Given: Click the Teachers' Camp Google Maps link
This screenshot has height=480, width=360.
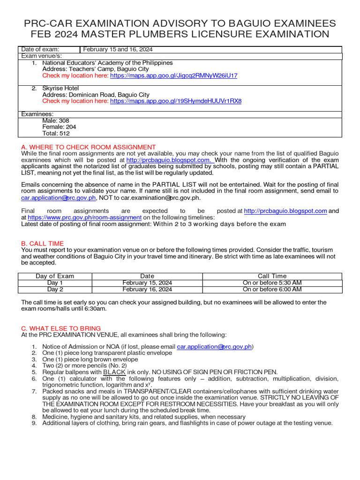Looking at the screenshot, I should (x=173, y=75).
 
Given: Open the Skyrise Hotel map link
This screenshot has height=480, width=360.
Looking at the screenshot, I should (x=176, y=101).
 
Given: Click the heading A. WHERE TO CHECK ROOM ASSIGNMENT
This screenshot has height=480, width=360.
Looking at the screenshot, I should (x=89, y=147).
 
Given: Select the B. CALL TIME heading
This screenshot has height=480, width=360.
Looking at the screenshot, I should (x=43, y=244).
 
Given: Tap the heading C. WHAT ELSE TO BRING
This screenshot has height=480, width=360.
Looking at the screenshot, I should (x=61, y=329).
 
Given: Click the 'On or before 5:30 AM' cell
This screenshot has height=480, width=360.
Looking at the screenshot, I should (x=272, y=283).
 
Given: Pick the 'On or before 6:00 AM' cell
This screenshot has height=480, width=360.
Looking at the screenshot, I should (x=272, y=290).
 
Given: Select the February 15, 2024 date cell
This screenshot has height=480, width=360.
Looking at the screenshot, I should (x=147, y=283).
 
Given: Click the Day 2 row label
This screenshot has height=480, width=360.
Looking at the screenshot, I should (x=55, y=290).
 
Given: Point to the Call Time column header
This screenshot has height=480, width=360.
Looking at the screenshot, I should (x=272, y=276).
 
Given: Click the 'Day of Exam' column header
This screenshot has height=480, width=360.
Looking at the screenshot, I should (x=55, y=276).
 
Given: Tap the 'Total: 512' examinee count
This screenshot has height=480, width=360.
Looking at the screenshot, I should (x=56, y=133).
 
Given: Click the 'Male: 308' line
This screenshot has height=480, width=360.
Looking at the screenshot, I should (x=56, y=120).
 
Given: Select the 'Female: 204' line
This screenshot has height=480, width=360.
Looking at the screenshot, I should (x=59, y=127).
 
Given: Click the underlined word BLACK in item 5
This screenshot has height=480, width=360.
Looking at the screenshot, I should (x=114, y=372).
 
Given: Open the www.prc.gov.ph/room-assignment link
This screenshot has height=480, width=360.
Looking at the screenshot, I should (x=84, y=217).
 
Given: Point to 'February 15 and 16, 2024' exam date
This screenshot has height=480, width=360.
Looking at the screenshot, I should (x=118, y=50).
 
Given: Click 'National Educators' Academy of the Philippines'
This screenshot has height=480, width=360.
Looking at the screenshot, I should (x=107, y=63).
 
